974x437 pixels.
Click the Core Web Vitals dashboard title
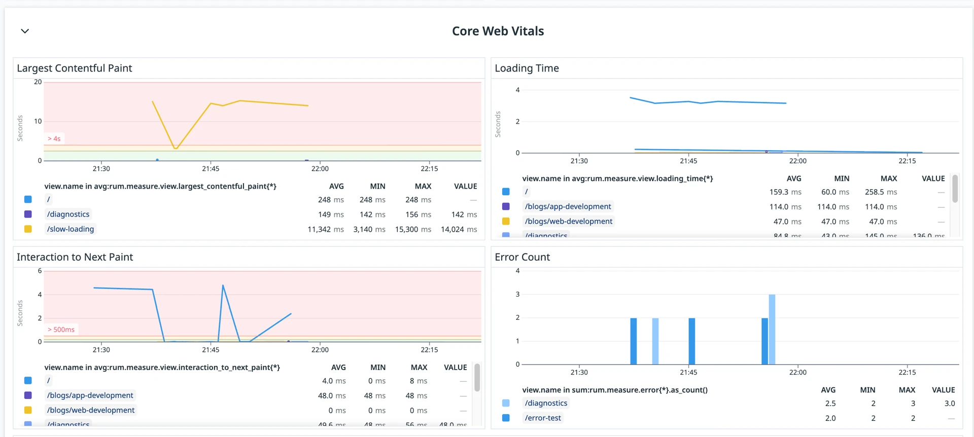[x=498, y=31]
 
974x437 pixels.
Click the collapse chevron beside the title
[x=25, y=31]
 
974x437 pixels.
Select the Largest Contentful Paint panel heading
[x=75, y=68]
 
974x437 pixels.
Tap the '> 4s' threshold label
[x=54, y=139]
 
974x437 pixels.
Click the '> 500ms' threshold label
[x=61, y=330]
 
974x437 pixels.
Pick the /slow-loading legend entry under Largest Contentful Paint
[x=71, y=229]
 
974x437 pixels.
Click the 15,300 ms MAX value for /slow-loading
[x=413, y=230]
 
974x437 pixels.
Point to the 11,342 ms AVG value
[x=326, y=230]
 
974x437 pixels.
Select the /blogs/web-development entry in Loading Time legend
[x=569, y=222]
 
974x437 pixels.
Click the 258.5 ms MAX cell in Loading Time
[x=881, y=192]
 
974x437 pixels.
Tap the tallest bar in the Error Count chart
[x=772, y=329]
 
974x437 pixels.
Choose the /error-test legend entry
[x=543, y=418]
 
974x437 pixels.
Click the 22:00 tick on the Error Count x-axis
[x=797, y=373]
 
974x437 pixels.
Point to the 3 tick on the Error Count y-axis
[x=517, y=295]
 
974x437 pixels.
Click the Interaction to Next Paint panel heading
[x=75, y=258]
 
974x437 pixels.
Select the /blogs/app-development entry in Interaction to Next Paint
[x=90, y=395]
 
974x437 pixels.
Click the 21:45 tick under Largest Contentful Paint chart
[x=211, y=169]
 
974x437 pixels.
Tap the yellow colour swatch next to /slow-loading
[x=28, y=229]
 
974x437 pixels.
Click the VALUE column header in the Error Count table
[x=943, y=390]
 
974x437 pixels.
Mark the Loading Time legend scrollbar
[x=955, y=189]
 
